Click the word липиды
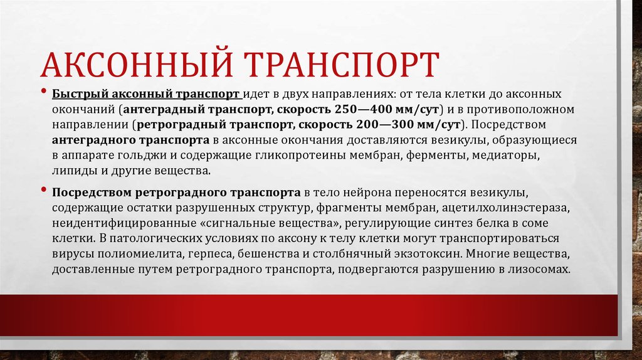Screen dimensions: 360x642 tap(72, 170)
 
